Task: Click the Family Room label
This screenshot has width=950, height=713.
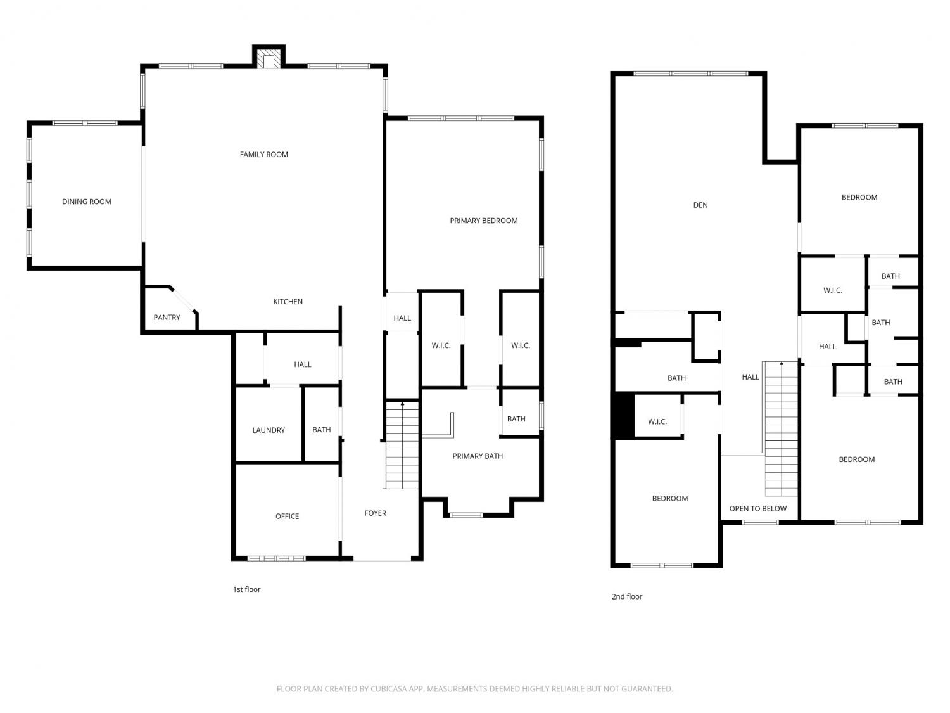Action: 263,155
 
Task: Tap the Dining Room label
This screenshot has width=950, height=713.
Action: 87,202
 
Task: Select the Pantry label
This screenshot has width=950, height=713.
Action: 167,318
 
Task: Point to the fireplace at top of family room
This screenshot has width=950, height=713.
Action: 269,58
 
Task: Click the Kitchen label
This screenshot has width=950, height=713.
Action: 288,302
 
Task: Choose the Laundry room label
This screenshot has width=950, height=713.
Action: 269,430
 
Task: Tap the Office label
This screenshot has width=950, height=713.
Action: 287,517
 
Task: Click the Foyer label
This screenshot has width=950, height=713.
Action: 375,513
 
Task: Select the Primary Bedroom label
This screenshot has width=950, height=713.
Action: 483,221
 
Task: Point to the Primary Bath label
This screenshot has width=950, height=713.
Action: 478,456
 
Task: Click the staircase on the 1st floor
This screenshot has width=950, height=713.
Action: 402,446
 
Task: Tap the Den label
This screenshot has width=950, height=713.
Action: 700,205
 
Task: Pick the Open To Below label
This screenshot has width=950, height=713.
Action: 758,509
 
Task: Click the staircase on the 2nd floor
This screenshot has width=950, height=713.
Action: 781,428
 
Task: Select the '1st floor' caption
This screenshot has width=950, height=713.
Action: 247,589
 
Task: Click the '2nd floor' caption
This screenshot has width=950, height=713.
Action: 627,597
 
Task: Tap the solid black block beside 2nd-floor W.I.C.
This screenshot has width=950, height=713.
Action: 624,416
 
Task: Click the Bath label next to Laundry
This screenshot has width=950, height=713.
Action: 322,430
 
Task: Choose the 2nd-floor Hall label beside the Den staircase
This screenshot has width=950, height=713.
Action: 750,377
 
